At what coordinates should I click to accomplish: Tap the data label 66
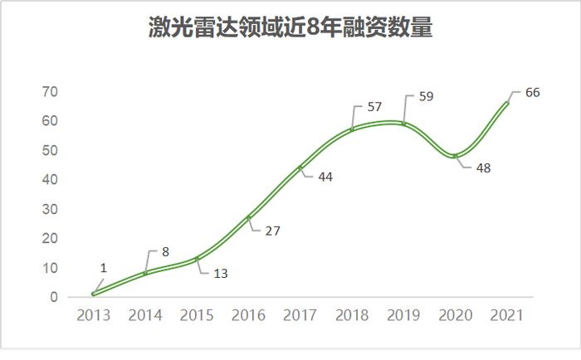[x=532, y=92]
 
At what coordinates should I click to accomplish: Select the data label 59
[x=425, y=96]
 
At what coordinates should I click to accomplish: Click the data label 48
[x=483, y=168]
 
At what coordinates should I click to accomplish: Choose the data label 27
[x=273, y=231]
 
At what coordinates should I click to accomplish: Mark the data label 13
[x=221, y=272]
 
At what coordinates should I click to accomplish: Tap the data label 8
[x=166, y=251]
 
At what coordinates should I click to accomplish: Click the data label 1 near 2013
[x=104, y=268]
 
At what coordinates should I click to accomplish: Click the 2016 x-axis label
[x=248, y=316]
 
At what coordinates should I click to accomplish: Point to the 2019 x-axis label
[x=403, y=316]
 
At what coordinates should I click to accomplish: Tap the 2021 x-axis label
[x=507, y=316]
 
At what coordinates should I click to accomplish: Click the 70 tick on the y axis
[x=51, y=91]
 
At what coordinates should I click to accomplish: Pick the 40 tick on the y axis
[x=51, y=179]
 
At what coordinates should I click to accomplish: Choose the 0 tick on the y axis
[x=54, y=297]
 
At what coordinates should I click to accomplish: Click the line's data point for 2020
[x=455, y=156]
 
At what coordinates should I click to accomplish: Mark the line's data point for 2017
[x=300, y=168]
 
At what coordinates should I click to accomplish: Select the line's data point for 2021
[x=507, y=103]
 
